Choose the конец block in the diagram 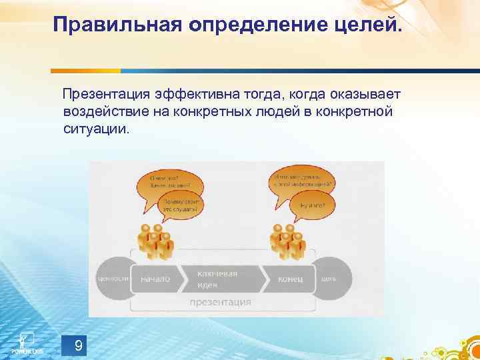(x=289, y=279)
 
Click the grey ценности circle (x=111, y=279)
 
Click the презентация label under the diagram (x=220, y=302)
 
